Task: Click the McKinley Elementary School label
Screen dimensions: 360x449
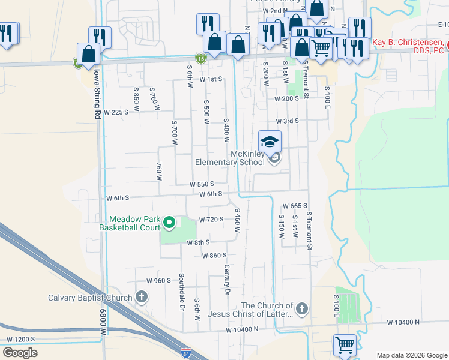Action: (230, 158)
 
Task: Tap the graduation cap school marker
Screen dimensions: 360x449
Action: (270, 142)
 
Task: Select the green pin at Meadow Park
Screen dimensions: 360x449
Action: (169, 223)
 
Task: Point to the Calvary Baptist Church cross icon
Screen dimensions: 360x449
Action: (142, 297)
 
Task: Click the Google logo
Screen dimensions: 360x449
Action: (20, 352)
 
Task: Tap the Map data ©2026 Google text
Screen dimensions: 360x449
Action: (412, 355)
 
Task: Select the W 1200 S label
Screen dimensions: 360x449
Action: (20, 339)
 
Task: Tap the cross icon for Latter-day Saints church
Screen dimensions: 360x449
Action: (301, 309)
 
